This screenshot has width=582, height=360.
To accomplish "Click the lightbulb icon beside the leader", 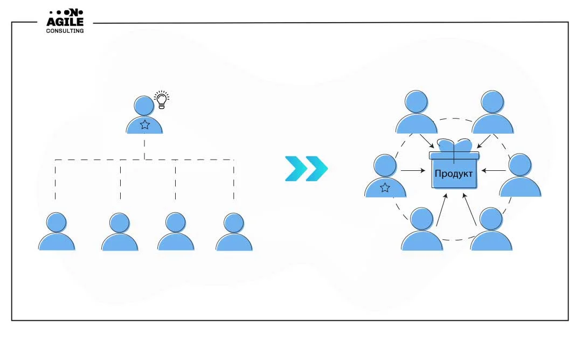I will tap(161, 100).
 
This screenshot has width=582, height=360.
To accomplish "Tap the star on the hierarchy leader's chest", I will tap(144, 125).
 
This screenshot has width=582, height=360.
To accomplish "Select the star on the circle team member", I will tap(385, 188).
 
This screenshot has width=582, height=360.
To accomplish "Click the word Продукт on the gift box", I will tap(454, 174).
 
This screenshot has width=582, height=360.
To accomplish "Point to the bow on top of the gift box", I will tap(454, 146).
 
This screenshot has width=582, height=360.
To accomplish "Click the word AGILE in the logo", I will tap(65, 22).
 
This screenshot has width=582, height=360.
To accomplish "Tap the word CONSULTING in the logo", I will tap(65, 31).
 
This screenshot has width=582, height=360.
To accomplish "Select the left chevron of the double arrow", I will tap(296, 168).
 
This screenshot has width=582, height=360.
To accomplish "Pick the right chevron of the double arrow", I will tap(316, 168).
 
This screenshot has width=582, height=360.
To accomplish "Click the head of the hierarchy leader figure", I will tap(144, 106).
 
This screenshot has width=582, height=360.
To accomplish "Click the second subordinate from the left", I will tap(120, 232).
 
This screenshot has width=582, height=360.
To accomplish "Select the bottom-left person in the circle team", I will tap(422, 231).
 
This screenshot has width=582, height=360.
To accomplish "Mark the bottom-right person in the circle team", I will tap(491, 231).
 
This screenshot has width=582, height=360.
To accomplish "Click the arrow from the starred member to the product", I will tap(413, 171).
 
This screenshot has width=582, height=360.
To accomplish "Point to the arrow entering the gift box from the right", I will tap(492, 171).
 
